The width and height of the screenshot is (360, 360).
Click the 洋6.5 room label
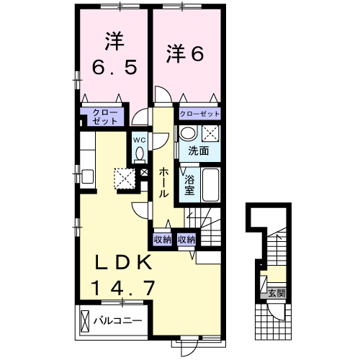tap(112, 54)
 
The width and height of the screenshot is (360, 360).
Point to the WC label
tap(140, 139)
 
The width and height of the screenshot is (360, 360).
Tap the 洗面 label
tap(199, 150)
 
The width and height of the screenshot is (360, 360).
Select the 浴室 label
tap(190, 186)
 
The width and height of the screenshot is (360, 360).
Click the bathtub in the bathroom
tap(210, 186)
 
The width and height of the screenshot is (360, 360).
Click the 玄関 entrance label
tap(276, 293)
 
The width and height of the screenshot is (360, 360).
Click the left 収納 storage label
tap(162, 240)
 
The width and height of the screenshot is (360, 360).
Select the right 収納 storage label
tap(186, 240)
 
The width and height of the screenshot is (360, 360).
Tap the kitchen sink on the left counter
tap(87, 175)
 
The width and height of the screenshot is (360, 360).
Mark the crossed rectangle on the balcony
tap(86, 320)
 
